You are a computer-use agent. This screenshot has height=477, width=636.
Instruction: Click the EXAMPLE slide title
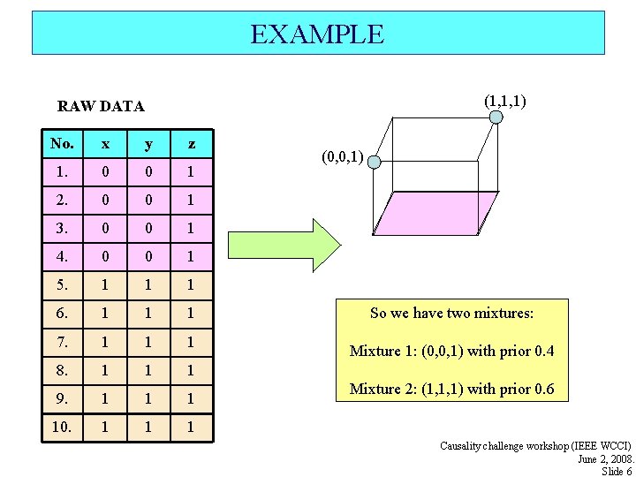(x=317, y=34)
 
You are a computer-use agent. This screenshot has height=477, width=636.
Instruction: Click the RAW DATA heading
(x=101, y=107)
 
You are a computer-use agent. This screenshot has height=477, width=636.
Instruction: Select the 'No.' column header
(x=63, y=144)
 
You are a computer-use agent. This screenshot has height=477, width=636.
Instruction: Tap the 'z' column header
(x=192, y=144)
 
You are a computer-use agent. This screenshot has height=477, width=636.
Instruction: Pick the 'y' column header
(x=148, y=144)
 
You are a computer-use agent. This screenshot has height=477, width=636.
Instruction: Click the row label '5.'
(x=63, y=285)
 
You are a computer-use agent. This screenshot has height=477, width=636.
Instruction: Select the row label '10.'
(x=63, y=427)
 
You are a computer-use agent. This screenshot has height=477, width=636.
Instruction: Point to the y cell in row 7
(x=148, y=342)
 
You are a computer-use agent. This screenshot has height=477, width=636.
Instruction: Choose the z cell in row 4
(x=192, y=257)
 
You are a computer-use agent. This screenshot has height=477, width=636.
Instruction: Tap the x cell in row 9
(x=106, y=398)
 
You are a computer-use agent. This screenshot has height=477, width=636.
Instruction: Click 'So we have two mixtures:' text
(x=451, y=313)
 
